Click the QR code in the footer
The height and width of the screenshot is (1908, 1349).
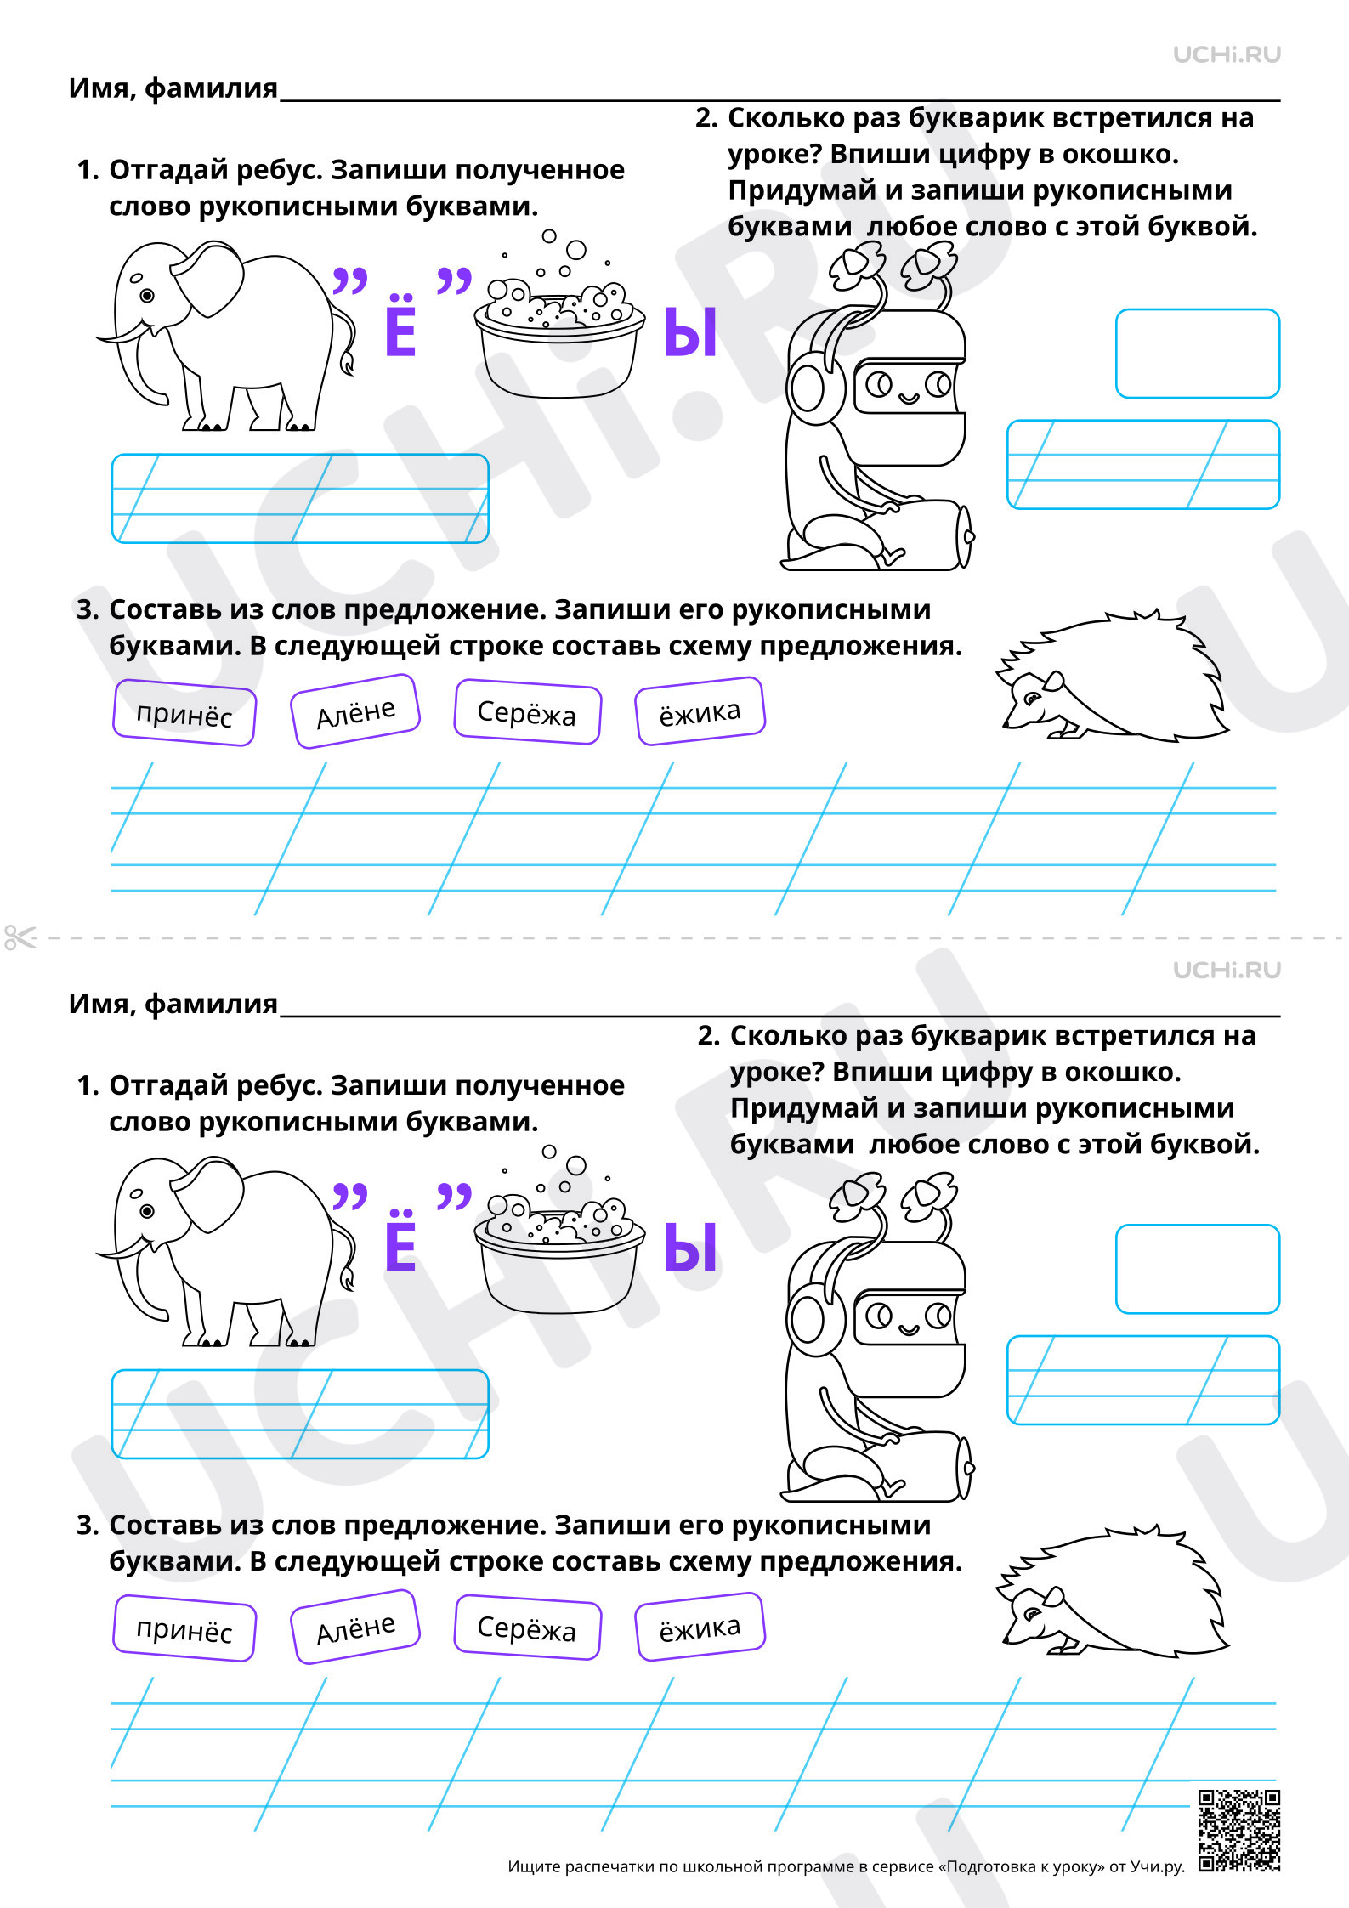1238,1831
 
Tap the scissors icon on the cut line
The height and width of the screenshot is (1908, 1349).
20,937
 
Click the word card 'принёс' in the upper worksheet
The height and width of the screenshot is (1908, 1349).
184,713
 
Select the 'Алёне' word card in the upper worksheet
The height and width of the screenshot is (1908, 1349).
355,711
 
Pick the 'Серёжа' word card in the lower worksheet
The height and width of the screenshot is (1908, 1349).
527,1628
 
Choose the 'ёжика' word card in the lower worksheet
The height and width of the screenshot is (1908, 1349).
700,1627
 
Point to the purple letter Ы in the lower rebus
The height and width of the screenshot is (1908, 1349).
690,1248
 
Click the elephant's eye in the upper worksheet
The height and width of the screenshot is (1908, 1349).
147,296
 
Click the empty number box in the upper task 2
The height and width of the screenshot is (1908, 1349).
1198,354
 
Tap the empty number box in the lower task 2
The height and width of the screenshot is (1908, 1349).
1198,1269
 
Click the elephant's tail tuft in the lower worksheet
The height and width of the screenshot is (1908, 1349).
347,1277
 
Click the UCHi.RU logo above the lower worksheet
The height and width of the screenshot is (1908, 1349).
1227,970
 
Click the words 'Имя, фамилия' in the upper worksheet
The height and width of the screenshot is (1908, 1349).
173,88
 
